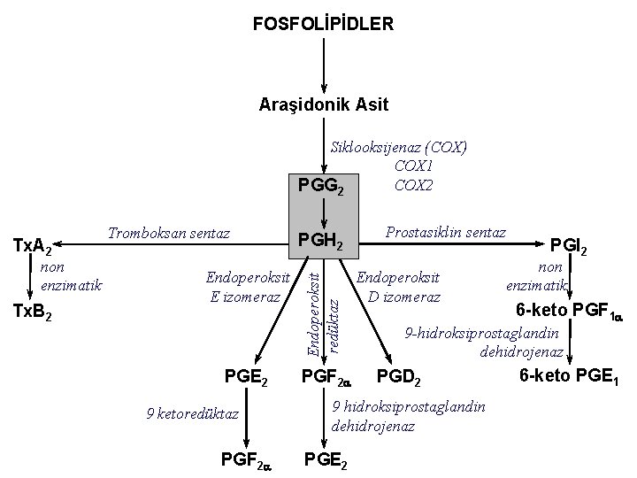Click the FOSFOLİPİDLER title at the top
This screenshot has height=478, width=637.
(323, 23)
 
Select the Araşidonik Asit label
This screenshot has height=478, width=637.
(324, 104)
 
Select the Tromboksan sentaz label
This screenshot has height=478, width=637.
(168, 234)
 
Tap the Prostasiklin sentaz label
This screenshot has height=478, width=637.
(446, 233)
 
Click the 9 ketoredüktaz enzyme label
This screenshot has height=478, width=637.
(191, 412)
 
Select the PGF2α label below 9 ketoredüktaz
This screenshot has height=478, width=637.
(244, 459)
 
